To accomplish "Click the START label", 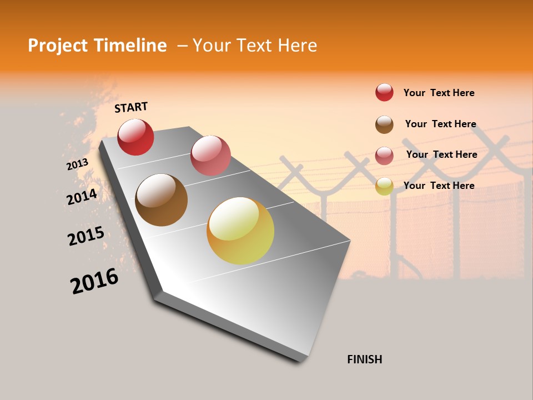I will point(131,107).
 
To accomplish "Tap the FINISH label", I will point(364,359).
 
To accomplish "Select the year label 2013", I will point(77,164).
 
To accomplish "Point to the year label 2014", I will point(82,197).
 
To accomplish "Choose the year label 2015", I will point(86,236).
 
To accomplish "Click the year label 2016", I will point(94,281).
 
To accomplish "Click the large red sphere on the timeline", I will point(135,137).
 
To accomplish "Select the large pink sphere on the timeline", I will point(210,155).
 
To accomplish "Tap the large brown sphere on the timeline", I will point(161,199).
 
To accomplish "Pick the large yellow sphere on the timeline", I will point(240,231).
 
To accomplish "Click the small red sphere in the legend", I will point(384,92).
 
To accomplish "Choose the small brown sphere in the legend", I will point(384,124).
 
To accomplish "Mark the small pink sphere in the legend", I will point(384,156).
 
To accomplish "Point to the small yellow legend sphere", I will point(384,186).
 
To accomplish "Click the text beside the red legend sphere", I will point(439,93).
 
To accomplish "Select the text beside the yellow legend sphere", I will point(439,186).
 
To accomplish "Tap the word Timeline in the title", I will point(131,46).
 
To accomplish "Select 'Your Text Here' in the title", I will point(255,46).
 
